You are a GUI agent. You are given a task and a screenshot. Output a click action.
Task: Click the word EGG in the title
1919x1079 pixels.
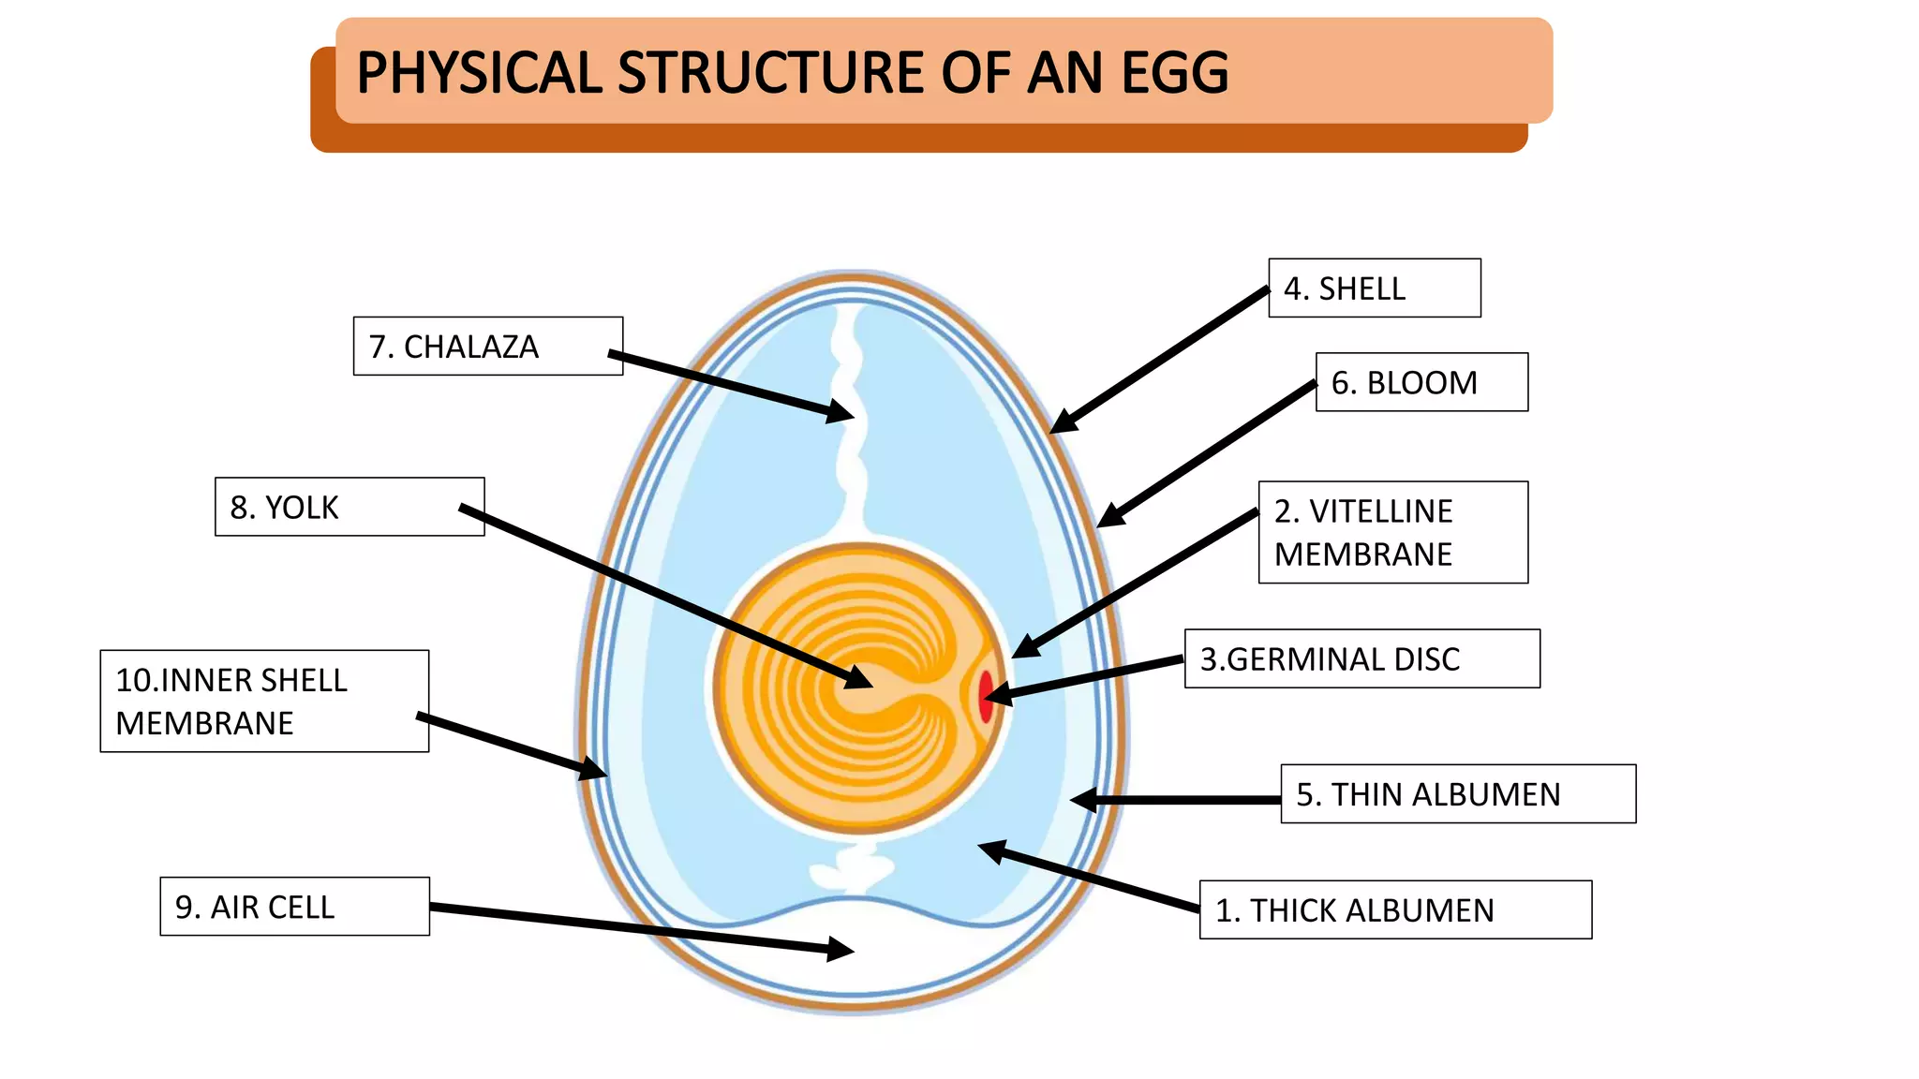pos(1175,73)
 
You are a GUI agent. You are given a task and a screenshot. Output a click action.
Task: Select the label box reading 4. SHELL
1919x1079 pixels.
pos(1374,288)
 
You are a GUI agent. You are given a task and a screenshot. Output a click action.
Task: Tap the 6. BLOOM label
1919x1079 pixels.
pos(1421,382)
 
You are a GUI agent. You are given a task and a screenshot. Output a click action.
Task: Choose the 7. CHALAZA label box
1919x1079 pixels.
pos(487,347)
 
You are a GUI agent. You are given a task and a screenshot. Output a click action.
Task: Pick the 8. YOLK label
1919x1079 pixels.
pos(349,507)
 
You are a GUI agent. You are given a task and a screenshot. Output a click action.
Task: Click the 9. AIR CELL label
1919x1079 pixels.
pos(294,907)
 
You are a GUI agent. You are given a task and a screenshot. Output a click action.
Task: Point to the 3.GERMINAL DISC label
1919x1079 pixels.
pos(1361,658)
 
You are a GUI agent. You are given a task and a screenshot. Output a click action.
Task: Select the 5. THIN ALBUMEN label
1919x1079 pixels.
pos(1457,794)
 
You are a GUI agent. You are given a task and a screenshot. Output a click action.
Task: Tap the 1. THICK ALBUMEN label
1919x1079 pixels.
pos(1394,909)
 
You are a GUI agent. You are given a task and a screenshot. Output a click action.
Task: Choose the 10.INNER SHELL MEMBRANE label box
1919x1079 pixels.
pos(264,701)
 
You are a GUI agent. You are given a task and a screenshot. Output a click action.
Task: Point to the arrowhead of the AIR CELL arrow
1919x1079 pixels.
pos(840,950)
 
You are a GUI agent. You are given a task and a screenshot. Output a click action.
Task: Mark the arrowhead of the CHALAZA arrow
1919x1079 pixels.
pos(840,411)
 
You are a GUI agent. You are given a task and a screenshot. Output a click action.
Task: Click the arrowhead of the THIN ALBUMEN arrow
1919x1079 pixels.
pos(1083,800)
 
